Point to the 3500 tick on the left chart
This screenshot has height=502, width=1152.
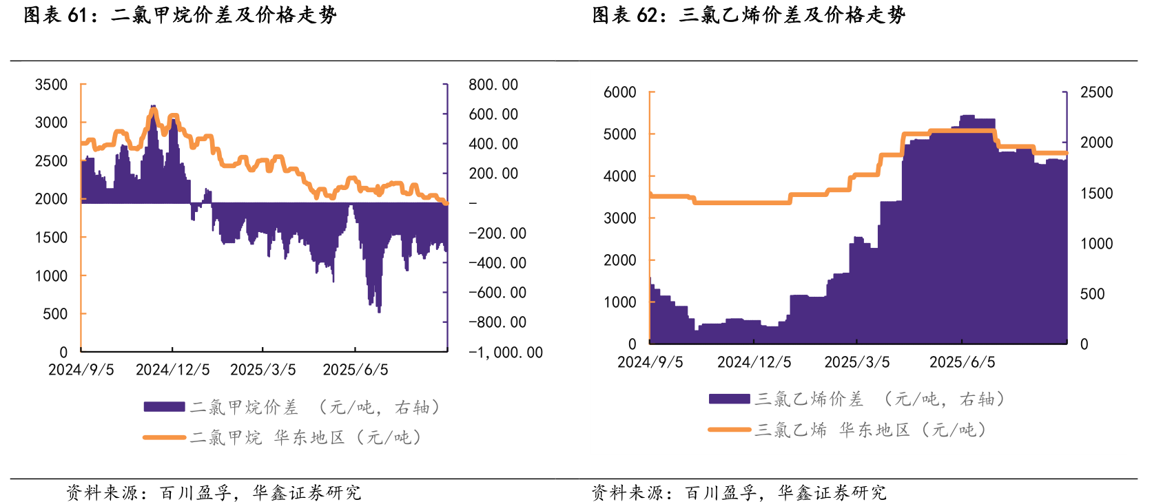pyautogui.click(x=52, y=85)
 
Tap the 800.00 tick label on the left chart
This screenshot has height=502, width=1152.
pyautogui.click(x=493, y=85)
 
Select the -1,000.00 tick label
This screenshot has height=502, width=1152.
pyautogui.click(x=506, y=353)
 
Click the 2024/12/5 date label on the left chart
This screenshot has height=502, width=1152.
pyautogui.click(x=172, y=370)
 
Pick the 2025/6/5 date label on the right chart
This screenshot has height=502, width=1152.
pyautogui.click(x=962, y=362)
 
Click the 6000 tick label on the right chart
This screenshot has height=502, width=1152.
pyautogui.click(x=620, y=92)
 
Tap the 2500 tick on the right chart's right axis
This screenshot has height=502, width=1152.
pyautogui.click(x=1096, y=92)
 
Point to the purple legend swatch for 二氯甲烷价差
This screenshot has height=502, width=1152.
pyautogui.click(x=164, y=407)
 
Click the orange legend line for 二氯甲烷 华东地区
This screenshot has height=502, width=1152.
pyautogui.click(x=164, y=437)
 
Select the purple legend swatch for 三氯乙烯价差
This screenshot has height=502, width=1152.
pyautogui.click(x=730, y=399)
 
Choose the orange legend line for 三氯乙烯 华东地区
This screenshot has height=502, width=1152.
pyautogui.click(x=730, y=430)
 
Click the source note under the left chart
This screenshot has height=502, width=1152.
pyautogui.click(x=214, y=492)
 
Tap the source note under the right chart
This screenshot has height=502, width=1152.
pyautogui.click(x=739, y=492)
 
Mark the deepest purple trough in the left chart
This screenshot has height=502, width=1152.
pyautogui.click(x=379, y=311)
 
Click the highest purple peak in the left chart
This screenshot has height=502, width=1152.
pyautogui.click(x=153, y=107)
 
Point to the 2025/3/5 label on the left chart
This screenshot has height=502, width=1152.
pyautogui.click(x=263, y=370)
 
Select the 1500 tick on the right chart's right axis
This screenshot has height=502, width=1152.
pyautogui.click(x=1096, y=194)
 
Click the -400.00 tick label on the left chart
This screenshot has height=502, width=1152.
pyautogui.click(x=497, y=263)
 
